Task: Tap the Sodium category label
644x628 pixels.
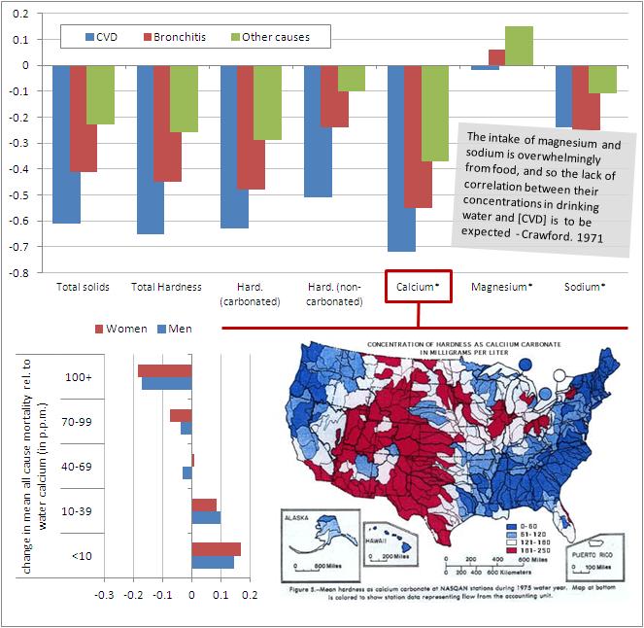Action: point(585,287)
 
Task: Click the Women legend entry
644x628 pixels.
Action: point(123,329)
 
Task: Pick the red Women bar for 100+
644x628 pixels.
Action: point(165,370)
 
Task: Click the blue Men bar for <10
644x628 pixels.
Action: point(213,562)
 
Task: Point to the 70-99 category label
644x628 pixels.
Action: point(76,422)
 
